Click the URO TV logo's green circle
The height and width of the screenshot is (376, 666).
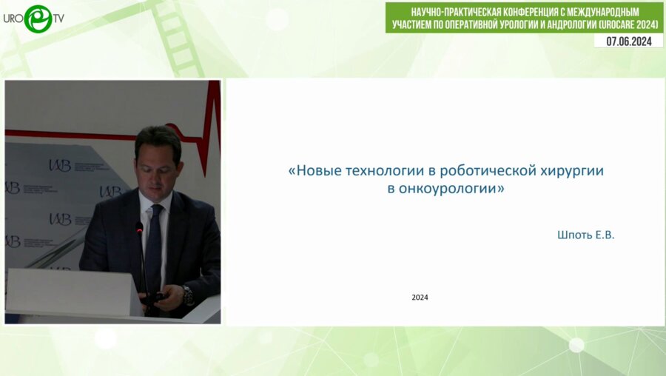[37, 19]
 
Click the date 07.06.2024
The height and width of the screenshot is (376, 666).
[628, 41]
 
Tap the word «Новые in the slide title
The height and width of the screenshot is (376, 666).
[314, 170]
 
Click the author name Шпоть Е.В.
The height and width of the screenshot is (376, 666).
[585, 235]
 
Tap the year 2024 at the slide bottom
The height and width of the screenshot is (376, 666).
[420, 298]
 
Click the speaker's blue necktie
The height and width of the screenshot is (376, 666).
[154, 244]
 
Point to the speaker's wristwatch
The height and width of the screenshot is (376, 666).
[188, 294]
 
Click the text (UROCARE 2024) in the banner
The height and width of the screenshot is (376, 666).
[625, 25]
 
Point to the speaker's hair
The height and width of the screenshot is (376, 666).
[158, 135]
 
